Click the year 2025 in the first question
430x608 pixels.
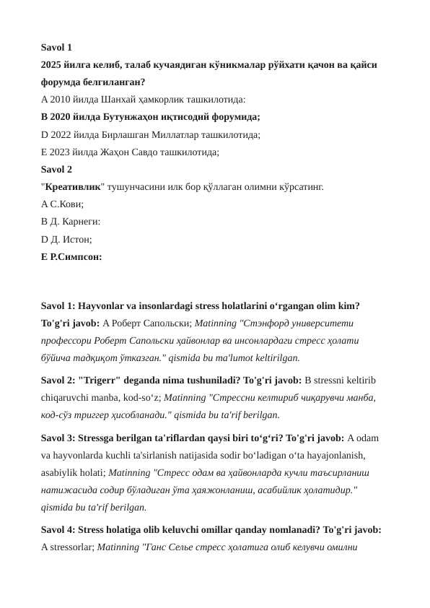point(53,65)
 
